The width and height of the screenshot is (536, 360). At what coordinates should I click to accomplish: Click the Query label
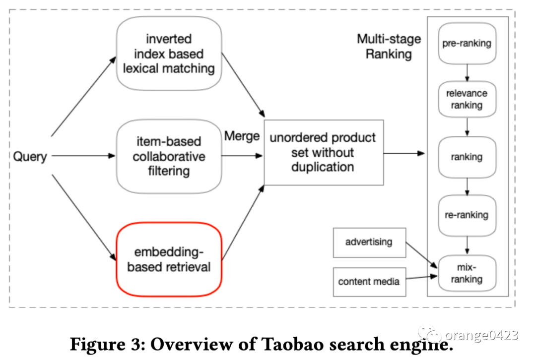pyautogui.click(x=30, y=156)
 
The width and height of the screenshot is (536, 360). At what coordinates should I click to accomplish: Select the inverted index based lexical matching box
pyautogui.click(x=169, y=54)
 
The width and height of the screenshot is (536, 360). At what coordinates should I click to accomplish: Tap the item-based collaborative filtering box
pyautogui.click(x=169, y=156)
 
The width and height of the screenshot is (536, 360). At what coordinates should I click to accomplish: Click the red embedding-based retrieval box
pyautogui.click(x=169, y=259)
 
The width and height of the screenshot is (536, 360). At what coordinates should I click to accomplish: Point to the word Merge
pyautogui.click(x=242, y=136)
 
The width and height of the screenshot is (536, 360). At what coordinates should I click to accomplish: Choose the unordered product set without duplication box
pyautogui.click(x=324, y=152)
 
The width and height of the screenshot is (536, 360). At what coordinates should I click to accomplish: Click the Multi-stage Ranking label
pyautogui.click(x=389, y=47)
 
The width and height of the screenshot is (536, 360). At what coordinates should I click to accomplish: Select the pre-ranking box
pyautogui.click(x=467, y=43)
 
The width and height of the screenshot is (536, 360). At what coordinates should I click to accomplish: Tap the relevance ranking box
pyautogui.click(x=467, y=99)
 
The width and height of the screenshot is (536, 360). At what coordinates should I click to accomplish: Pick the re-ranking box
pyautogui.click(x=467, y=215)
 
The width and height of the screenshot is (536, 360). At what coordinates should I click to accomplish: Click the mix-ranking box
pyautogui.click(x=467, y=273)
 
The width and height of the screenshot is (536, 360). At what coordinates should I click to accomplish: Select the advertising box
pyautogui.click(x=370, y=242)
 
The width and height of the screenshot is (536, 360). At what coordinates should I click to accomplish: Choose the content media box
pyautogui.click(x=370, y=282)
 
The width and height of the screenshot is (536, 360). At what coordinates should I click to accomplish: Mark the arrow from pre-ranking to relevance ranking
pyautogui.click(x=467, y=73)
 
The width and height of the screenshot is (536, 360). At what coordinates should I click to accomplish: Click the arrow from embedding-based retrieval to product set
pyautogui.click(x=243, y=223)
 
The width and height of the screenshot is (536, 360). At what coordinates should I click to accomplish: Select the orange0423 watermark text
pyautogui.click(x=481, y=335)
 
